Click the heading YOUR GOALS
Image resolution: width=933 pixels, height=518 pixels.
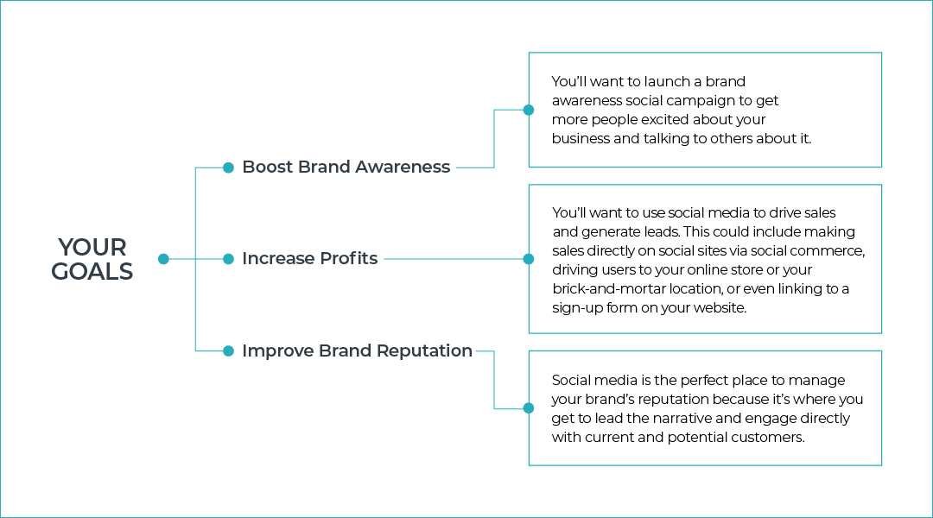click(x=92, y=259)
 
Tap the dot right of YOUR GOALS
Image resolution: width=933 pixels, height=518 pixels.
click(x=163, y=259)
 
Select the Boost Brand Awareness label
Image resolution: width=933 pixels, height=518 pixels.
click(x=346, y=167)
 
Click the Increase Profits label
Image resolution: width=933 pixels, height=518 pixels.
click(x=309, y=259)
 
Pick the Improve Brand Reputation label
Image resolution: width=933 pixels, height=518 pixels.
click(x=357, y=351)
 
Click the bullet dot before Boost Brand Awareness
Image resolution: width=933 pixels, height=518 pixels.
click(x=228, y=167)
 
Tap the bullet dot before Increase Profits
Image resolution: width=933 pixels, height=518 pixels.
click(x=228, y=259)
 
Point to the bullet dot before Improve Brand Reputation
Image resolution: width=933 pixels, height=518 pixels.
click(x=228, y=351)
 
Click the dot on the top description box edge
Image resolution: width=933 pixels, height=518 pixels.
click(x=529, y=110)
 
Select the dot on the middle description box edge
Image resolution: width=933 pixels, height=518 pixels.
click(x=529, y=259)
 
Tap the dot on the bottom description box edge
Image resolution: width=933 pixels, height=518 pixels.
click(x=529, y=408)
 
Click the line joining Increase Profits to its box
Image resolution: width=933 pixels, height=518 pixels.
click(x=454, y=259)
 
